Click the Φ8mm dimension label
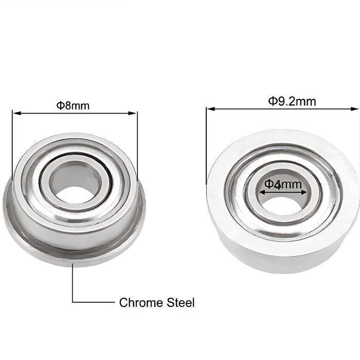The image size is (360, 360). point(73,105)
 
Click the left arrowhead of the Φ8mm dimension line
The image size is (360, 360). point(14,113)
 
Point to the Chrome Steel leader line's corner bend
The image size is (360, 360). point(73,302)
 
